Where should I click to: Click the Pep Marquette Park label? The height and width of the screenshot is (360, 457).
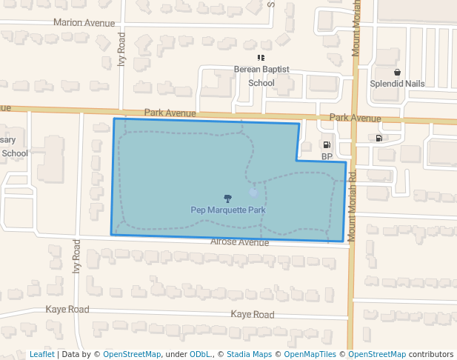[x=228, y=210]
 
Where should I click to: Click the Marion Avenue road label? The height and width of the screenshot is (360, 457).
[x=84, y=23]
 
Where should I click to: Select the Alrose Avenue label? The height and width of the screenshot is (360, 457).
[x=239, y=242]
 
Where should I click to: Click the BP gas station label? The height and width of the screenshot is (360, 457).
[x=327, y=156]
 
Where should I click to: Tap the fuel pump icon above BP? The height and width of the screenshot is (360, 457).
[x=327, y=144]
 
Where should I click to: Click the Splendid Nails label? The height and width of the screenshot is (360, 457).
[x=398, y=84]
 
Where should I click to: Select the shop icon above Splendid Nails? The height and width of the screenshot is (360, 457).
[x=398, y=73]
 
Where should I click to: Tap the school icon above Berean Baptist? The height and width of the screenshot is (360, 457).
[x=261, y=57]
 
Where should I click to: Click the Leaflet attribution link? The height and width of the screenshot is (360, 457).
[x=41, y=354]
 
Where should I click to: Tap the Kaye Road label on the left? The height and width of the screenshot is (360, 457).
[x=67, y=309]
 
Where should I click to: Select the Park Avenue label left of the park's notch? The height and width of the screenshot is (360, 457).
[x=170, y=113]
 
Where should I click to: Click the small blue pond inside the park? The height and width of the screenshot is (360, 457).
[x=254, y=193]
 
